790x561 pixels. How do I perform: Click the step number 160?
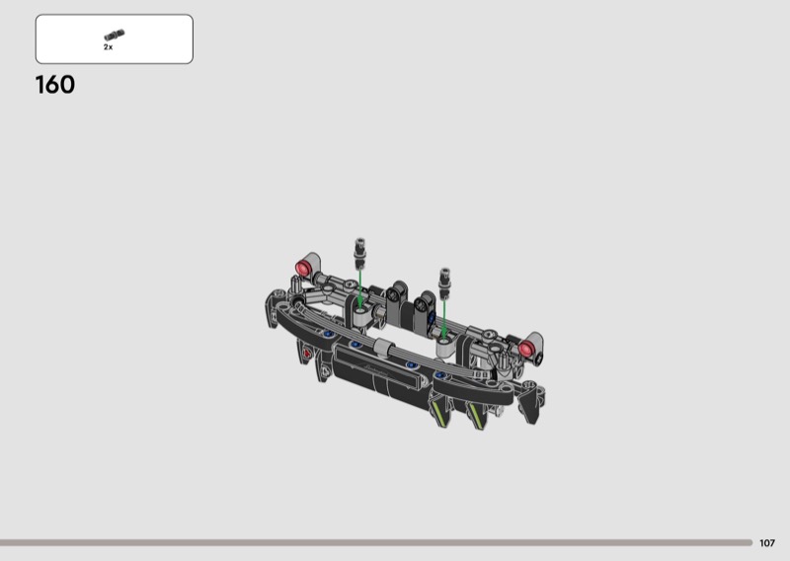tap(55, 85)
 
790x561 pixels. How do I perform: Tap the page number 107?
tap(767, 543)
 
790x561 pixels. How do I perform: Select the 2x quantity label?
tap(109, 46)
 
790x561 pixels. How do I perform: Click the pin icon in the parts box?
tap(115, 36)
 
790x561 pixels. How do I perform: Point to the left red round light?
tap(304, 268)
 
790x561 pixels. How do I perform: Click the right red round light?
tap(526, 349)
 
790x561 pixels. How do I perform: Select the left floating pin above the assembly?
tap(360, 254)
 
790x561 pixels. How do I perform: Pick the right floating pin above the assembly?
tap(445, 283)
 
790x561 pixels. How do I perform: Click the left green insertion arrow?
tap(359, 286)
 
